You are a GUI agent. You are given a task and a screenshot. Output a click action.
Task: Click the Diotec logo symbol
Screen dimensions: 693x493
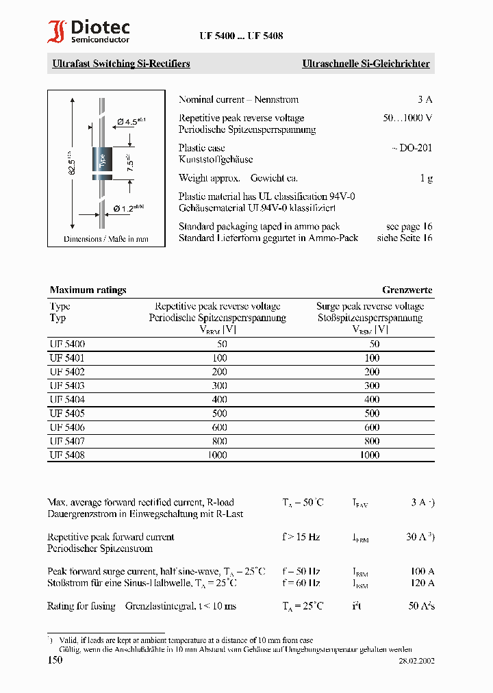57,31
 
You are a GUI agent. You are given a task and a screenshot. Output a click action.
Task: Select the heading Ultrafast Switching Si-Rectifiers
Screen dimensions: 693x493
121,64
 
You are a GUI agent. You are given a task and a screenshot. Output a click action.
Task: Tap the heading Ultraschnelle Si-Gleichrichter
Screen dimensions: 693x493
366,64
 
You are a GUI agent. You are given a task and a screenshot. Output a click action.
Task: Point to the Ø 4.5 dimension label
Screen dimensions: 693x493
131,121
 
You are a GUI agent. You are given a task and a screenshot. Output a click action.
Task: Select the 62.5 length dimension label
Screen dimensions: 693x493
71,162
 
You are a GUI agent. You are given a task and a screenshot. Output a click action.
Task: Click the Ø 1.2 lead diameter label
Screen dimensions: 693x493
128,208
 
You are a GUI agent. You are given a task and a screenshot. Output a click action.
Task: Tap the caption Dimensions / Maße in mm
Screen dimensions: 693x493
106,239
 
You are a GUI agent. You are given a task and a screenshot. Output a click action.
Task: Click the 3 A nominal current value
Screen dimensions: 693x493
425,99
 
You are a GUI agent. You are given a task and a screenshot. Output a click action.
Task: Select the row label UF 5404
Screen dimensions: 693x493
67,399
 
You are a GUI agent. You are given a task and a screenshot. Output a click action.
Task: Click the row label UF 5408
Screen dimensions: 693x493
67,455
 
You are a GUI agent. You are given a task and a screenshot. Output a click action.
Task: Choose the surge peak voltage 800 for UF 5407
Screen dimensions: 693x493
371,441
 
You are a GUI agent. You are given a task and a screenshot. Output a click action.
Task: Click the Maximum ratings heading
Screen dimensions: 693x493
88,290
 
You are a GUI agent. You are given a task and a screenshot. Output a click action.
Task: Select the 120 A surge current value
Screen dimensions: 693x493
422,583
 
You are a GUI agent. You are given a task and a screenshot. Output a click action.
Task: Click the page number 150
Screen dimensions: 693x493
55,659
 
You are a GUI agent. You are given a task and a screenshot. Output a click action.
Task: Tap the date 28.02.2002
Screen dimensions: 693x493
416,661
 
